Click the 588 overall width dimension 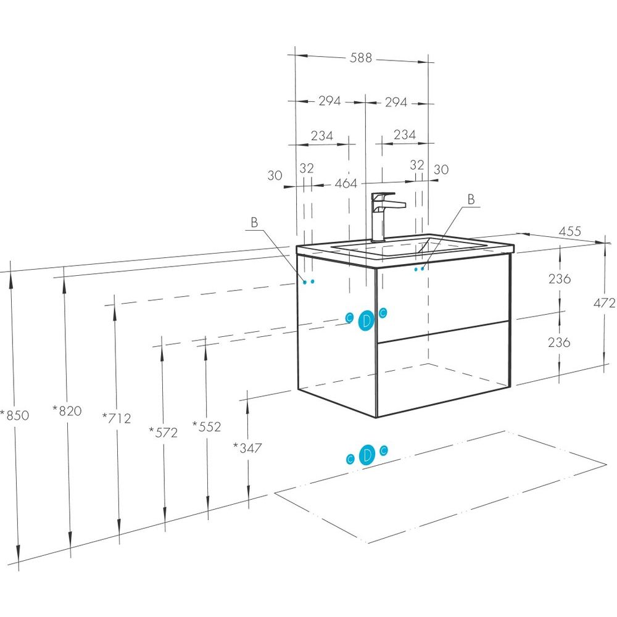[x=361, y=58]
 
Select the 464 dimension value [x=346, y=184]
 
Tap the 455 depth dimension [x=570, y=231]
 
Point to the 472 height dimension [x=604, y=303]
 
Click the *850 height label [x=15, y=415]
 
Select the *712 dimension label [x=117, y=418]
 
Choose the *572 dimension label [x=163, y=433]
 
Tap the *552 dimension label [x=207, y=426]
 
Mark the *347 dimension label [x=248, y=448]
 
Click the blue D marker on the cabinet [x=366, y=320]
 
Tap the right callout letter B [x=471, y=199]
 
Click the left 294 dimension [x=329, y=101]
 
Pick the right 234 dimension [x=404, y=135]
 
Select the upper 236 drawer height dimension [x=560, y=278]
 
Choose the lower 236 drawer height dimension [x=560, y=342]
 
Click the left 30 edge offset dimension [x=275, y=175]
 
